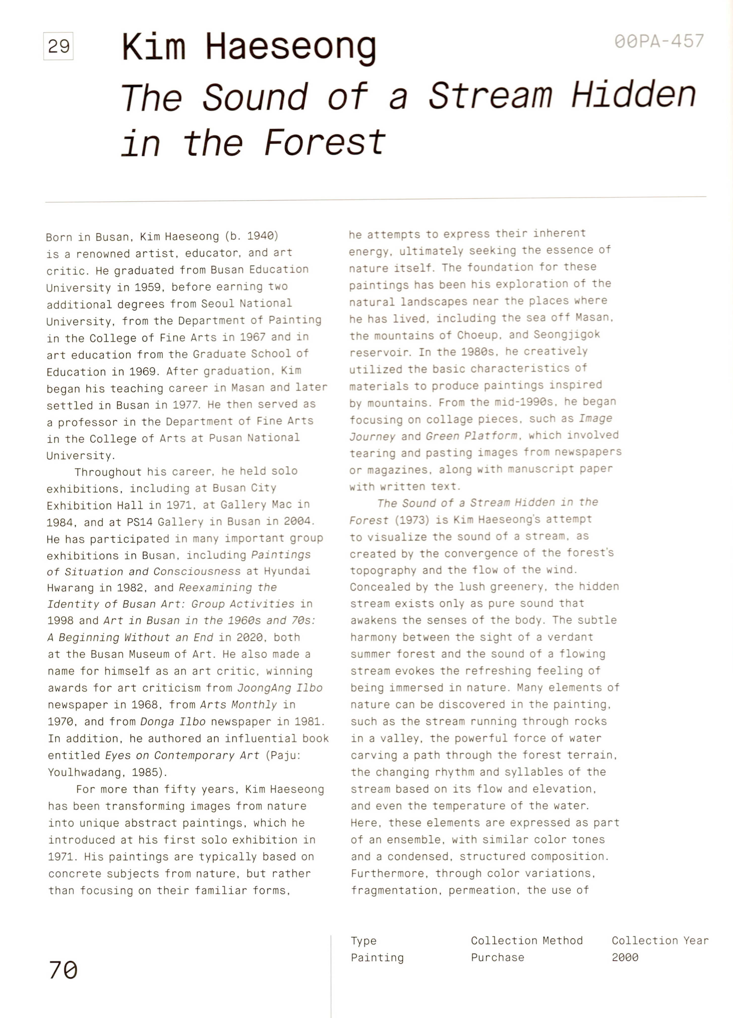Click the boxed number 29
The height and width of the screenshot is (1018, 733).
(x=58, y=46)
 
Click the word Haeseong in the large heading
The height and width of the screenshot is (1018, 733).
(x=290, y=48)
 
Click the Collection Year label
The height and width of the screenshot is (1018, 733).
(x=660, y=940)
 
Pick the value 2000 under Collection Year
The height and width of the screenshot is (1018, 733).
(x=625, y=958)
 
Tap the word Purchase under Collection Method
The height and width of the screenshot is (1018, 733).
(x=497, y=958)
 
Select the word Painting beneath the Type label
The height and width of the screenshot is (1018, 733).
(x=377, y=958)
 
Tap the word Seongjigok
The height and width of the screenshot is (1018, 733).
(x=566, y=334)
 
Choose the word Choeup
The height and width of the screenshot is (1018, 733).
(x=479, y=335)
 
